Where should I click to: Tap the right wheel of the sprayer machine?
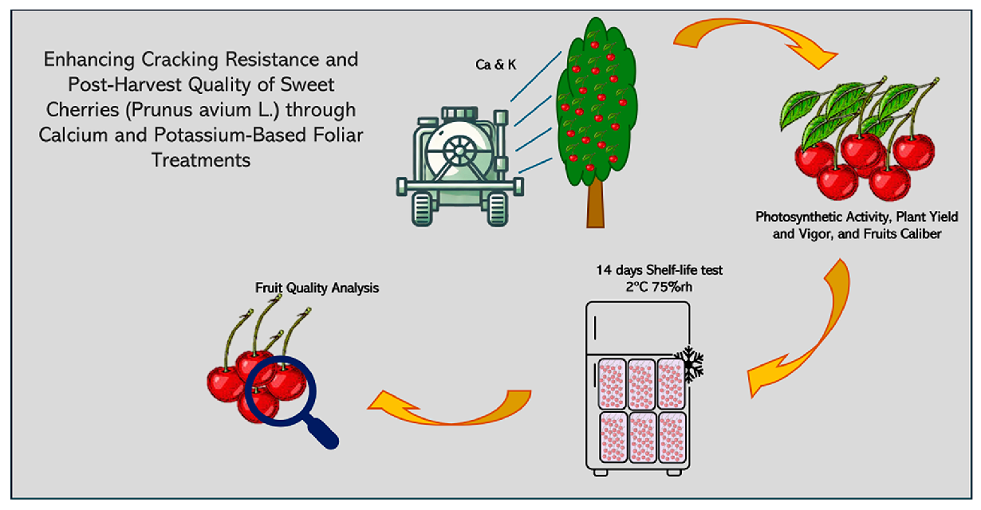498,210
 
